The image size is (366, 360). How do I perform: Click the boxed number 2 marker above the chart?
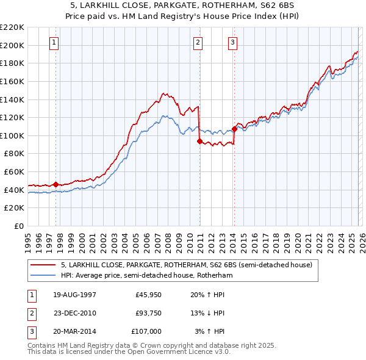[199, 43]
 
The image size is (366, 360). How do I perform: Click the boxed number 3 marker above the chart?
[234, 43]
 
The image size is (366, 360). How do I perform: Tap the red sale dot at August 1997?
[56, 184]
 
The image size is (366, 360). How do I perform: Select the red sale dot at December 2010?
[199, 141]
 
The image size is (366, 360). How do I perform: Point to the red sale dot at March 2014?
[234, 129]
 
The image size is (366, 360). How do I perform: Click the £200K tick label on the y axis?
[12, 45]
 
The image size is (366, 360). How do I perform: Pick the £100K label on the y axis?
[12, 135]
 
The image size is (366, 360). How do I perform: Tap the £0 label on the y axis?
[18, 226]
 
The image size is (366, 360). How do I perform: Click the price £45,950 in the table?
[148, 294]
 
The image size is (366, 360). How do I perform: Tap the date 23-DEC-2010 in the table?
[75, 313]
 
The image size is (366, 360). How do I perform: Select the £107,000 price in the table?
[146, 331]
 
